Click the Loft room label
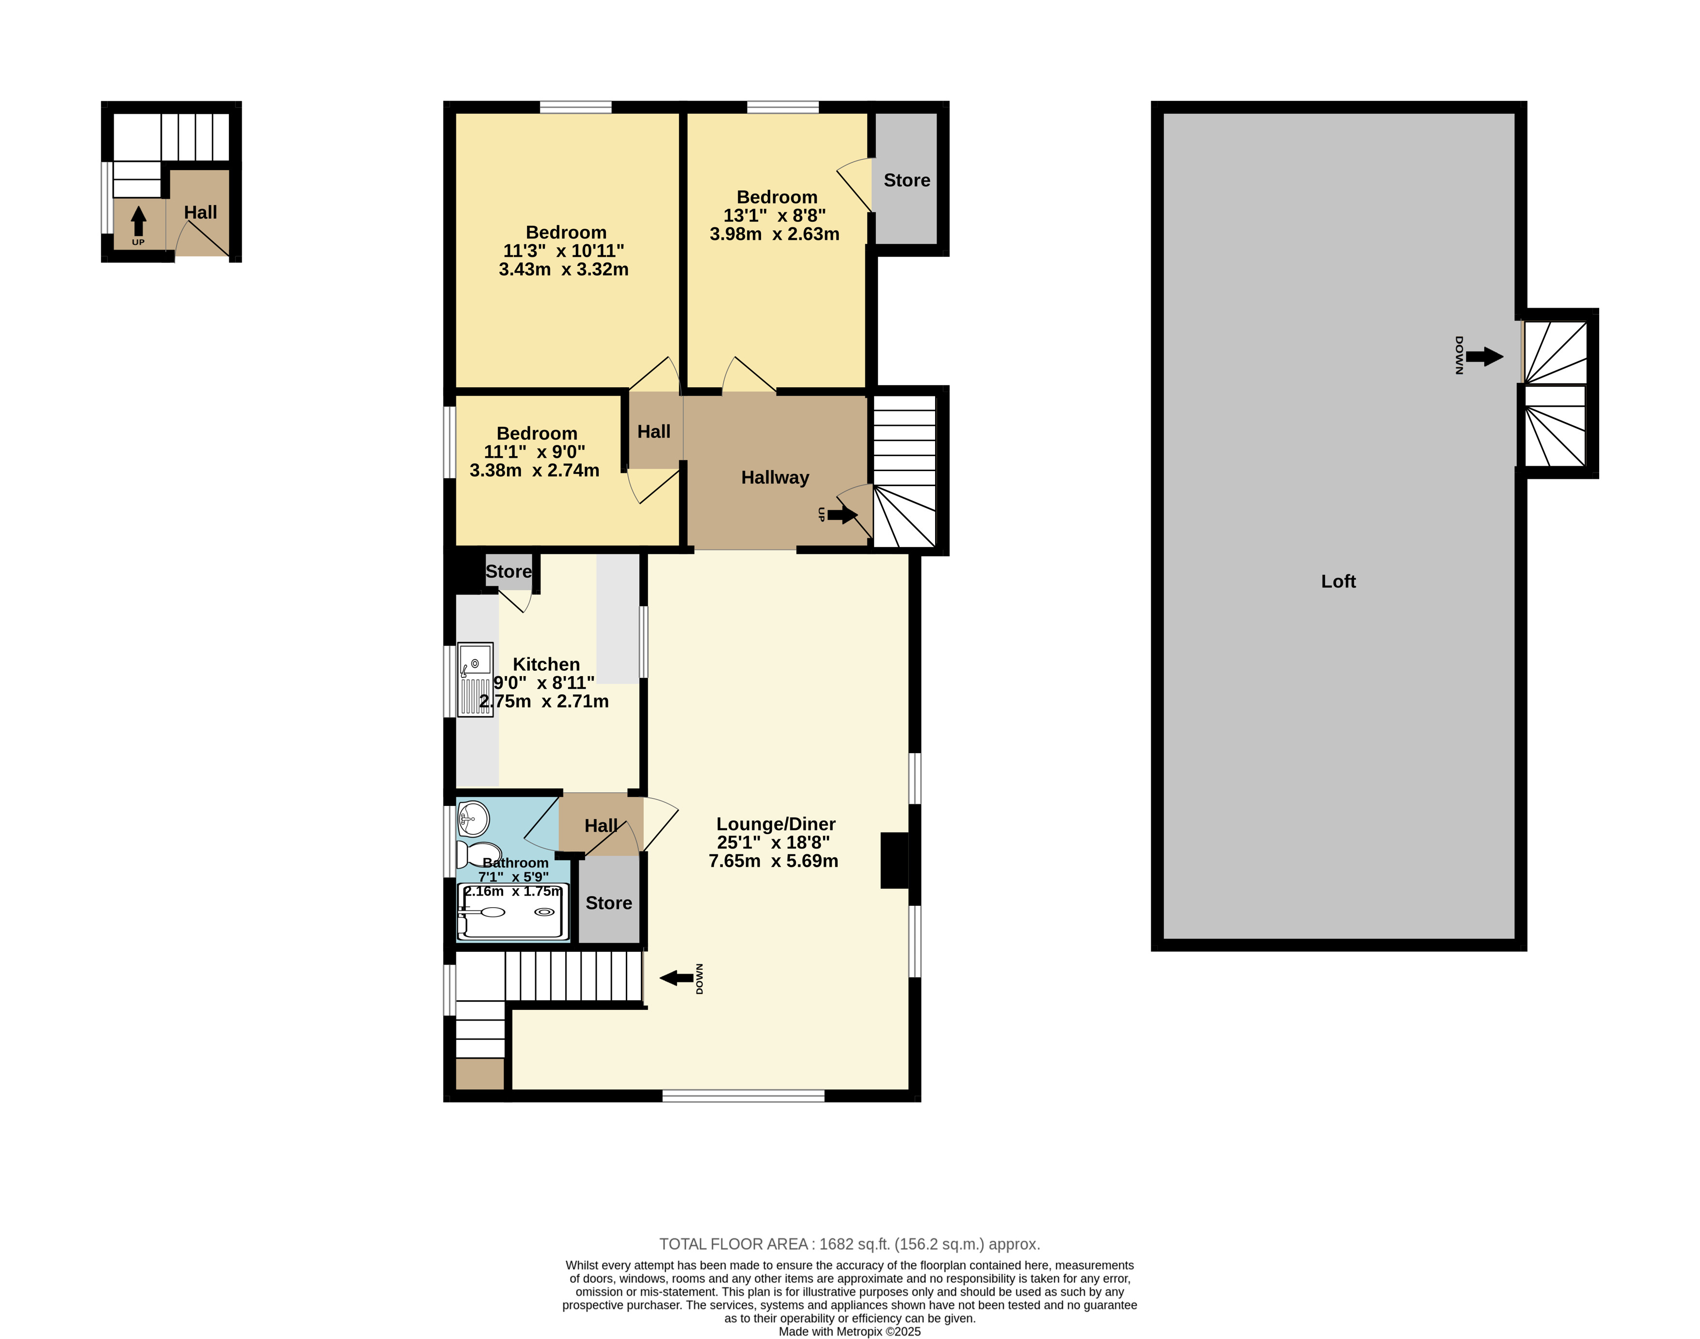(1338, 581)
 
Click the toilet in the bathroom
(479, 854)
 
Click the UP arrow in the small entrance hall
(138, 221)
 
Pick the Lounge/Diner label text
(776, 824)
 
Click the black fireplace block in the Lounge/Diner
(894, 860)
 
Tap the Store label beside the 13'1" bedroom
(906, 180)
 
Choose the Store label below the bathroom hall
(608, 903)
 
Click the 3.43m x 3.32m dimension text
(563, 269)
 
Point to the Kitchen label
(546, 664)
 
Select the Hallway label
(775, 477)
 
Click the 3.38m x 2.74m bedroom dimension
(534, 471)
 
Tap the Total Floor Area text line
(849, 1244)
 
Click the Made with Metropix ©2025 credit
(849, 1331)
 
